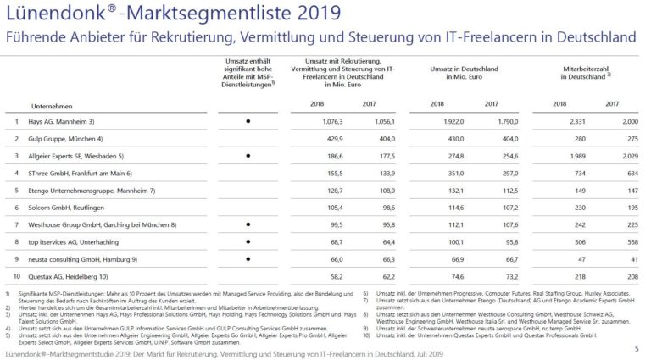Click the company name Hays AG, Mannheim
pos(59,121)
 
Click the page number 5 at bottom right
pos(637,348)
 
